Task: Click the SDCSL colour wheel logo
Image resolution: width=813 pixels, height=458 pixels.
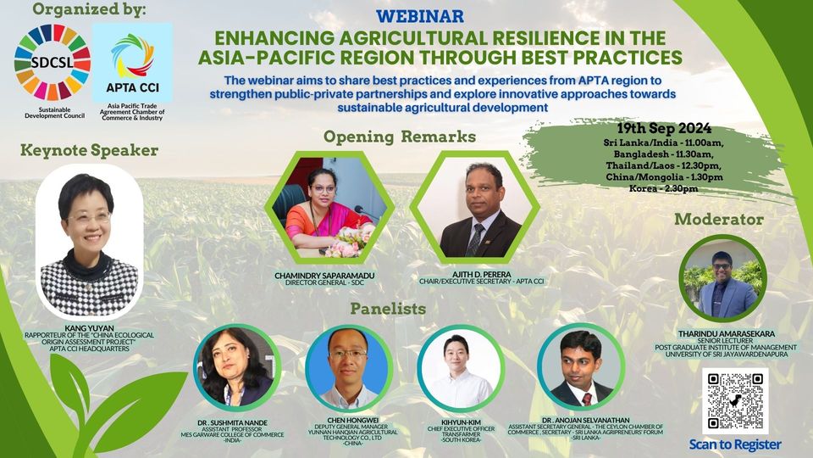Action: tap(53, 62)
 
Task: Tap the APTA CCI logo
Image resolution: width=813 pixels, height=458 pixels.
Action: tap(132, 62)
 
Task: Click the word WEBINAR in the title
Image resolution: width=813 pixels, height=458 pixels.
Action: tap(420, 17)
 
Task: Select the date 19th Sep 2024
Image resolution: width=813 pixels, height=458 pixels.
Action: tap(664, 128)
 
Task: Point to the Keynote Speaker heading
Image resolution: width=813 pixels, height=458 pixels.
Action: tap(89, 151)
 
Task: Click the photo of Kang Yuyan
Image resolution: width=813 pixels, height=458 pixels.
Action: tap(89, 242)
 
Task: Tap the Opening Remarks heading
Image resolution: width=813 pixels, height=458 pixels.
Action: tap(399, 137)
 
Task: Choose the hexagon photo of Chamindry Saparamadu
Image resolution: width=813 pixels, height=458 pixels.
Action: tap(329, 207)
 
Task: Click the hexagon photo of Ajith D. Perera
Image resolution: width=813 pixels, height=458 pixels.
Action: tap(474, 207)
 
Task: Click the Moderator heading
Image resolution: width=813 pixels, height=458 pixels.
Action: tap(719, 220)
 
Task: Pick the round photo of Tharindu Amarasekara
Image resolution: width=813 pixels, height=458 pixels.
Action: tap(722, 279)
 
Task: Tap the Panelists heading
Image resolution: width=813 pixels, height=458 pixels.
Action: tap(388, 309)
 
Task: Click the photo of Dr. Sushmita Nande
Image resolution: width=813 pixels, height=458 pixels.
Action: tap(237, 367)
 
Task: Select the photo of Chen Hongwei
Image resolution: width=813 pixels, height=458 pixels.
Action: tap(349, 367)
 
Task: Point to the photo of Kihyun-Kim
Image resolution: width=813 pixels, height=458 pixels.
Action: tap(461, 367)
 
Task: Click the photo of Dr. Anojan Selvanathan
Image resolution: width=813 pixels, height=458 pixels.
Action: tap(581, 366)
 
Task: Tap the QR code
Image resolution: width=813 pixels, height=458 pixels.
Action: tap(735, 401)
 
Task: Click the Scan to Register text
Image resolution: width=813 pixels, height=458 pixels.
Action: tap(735, 444)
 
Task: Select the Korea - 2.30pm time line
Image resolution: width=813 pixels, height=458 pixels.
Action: tap(664, 188)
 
